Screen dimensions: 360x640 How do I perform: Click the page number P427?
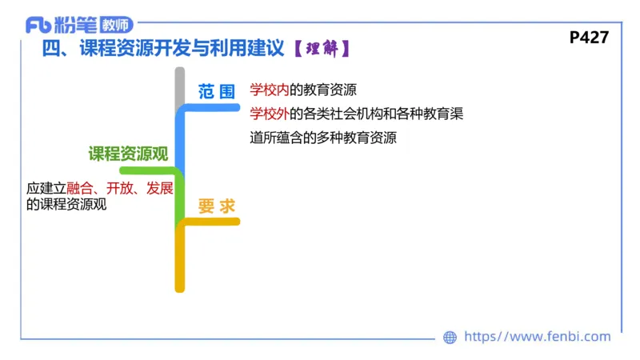point(590,38)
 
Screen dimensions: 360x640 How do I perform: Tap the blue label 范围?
point(217,90)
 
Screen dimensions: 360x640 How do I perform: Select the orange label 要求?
point(217,206)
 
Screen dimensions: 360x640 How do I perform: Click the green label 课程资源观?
point(128,154)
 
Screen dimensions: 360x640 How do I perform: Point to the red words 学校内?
point(269,89)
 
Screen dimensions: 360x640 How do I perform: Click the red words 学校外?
point(269,113)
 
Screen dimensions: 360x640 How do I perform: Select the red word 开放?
point(119,189)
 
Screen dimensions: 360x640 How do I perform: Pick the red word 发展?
point(160,189)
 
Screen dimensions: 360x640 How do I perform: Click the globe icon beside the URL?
point(450,338)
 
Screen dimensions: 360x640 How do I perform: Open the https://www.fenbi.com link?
point(537,337)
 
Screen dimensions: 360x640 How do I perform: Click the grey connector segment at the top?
point(180,86)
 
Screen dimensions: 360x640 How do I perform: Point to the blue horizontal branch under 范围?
point(212,108)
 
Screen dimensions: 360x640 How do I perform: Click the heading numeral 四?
point(51,50)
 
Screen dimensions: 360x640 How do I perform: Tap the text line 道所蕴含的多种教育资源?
point(323,137)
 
